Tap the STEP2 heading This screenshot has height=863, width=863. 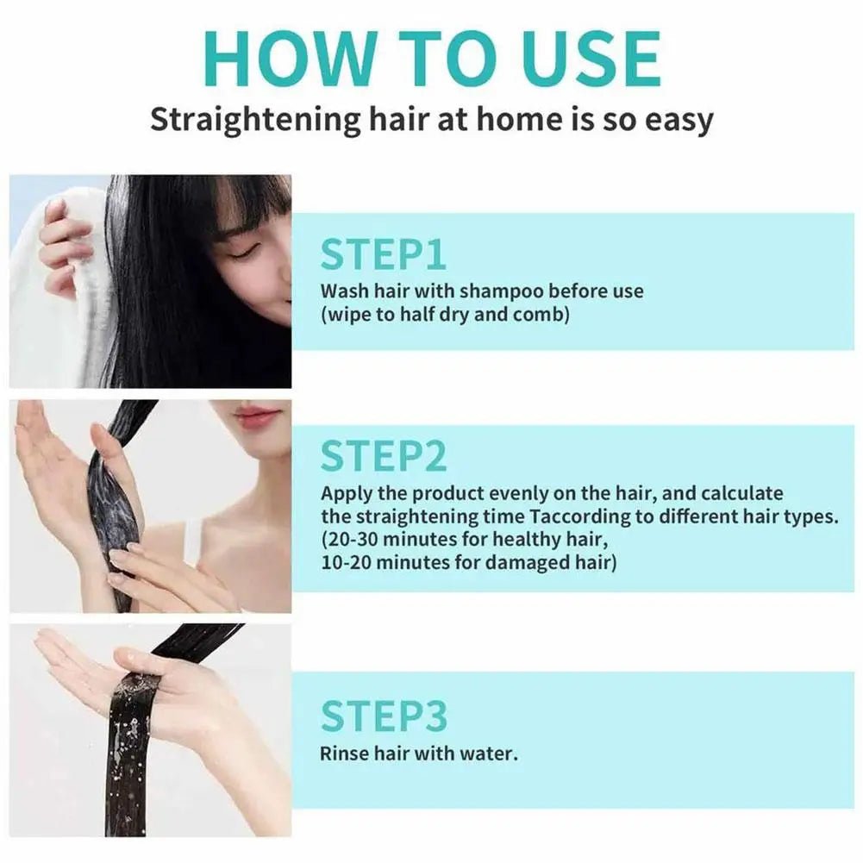point(384,456)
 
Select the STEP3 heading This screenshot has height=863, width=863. point(384,717)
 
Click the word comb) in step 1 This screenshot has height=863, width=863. point(540,314)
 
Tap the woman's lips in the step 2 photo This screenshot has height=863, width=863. point(256,416)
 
